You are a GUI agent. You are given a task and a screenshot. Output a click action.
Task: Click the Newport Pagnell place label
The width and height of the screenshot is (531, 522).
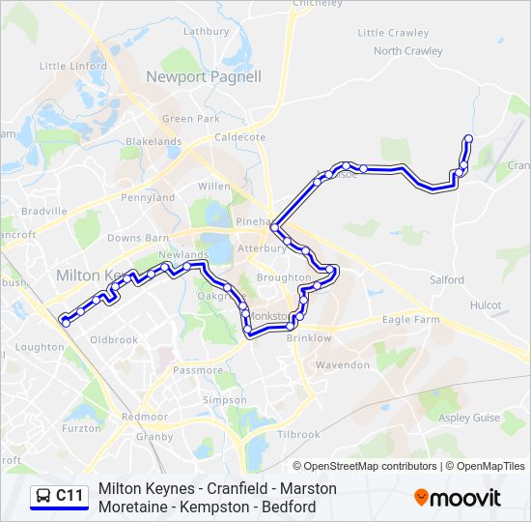[204, 77]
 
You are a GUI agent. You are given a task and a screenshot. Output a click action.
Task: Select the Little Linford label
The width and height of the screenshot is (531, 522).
[72, 66]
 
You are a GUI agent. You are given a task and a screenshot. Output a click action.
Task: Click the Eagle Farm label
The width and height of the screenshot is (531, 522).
[410, 319]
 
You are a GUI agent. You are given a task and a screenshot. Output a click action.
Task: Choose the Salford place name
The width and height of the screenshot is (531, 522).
[447, 280]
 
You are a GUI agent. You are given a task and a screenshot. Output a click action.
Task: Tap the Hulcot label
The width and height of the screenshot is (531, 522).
[485, 305]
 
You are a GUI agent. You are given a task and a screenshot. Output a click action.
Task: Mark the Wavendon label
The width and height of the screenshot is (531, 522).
[343, 365]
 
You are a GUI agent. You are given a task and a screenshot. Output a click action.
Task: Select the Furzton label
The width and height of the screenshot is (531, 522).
[81, 427]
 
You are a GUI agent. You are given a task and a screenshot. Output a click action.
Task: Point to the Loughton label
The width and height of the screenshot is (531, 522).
[40, 347]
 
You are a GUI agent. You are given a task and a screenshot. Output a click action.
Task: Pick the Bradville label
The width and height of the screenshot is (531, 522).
[43, 211]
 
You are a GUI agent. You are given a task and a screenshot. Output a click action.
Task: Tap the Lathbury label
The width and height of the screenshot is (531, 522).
[207, 31]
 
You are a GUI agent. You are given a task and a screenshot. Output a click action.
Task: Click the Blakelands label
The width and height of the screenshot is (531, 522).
[154, 141]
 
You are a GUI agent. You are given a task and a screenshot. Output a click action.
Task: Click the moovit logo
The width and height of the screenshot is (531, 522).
[458, 498]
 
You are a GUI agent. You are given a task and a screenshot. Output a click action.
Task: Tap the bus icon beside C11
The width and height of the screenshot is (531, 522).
[43, 496]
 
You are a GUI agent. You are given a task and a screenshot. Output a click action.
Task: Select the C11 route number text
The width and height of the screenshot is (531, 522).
[70, 496]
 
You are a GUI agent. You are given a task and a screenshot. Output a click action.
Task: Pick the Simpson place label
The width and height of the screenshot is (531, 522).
[225, 400]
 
